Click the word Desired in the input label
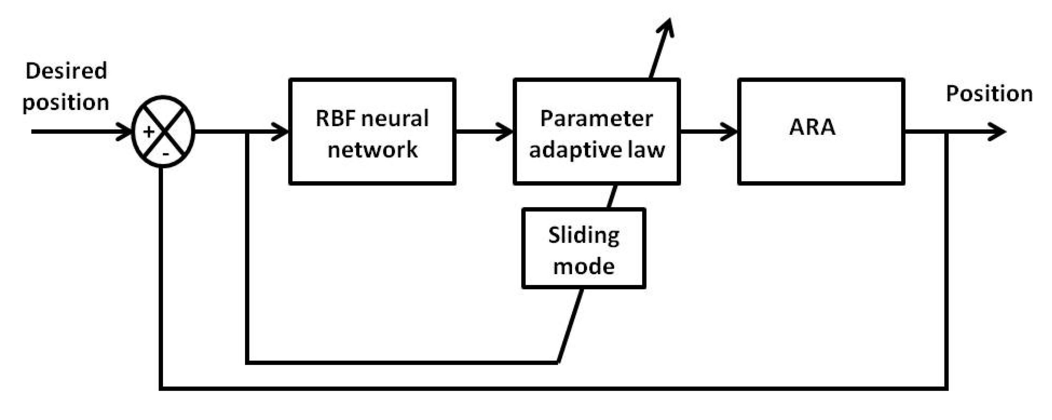click(66, 71)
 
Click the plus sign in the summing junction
click(149, 132)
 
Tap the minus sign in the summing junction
click(165, 154)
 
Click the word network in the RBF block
click(372, 149)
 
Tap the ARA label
click(812, 127)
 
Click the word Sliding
click(584, 236)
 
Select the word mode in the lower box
click(584, 267)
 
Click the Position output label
click(989, 94)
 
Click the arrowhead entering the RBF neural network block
click(281, 132)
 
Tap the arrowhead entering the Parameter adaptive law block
click(505, 132)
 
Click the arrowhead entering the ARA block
click(729, 132)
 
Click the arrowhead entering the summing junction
click(124, 132)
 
